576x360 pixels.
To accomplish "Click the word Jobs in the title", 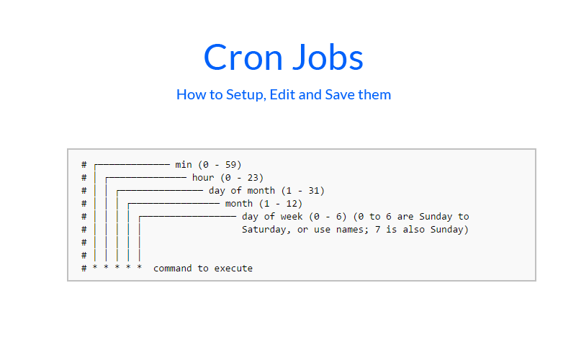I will coord(328,57).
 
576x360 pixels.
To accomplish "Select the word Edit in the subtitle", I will coord(283,94).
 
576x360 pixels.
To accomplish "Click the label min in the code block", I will coord(183,165).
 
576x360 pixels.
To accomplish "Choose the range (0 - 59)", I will coord(225,165).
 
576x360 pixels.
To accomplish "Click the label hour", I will coord(202,178).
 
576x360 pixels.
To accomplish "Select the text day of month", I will coord(242,191).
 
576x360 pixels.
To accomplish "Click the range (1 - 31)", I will coord(303,191).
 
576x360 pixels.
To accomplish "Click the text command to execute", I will coord(203,269).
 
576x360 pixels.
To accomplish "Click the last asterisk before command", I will coord(140,269).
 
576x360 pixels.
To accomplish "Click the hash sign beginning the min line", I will coord(84,165).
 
